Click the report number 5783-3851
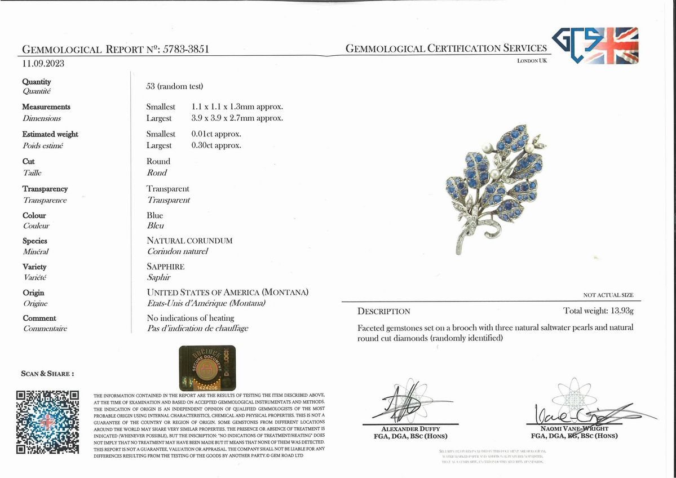tap(186, 49)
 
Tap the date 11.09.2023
tap(43, 63)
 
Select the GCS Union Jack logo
tap(595, 45)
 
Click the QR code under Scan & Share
tap(47, 422)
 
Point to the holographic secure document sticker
tap(207, 368)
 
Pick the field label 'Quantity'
tap(37, 82)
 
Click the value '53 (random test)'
tap(174, 86)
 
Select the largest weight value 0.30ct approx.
tap(216, 145)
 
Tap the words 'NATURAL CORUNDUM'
tap(189, 241)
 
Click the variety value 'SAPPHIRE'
tap(165, 267)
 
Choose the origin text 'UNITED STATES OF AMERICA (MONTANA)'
tap(227, 293)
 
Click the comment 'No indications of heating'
tap(190, 318)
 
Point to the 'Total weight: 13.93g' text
tap(598, 311)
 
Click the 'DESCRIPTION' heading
tap(384, 311)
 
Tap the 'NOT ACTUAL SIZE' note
tap(608, 295)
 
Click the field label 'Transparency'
tap(45, 189)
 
